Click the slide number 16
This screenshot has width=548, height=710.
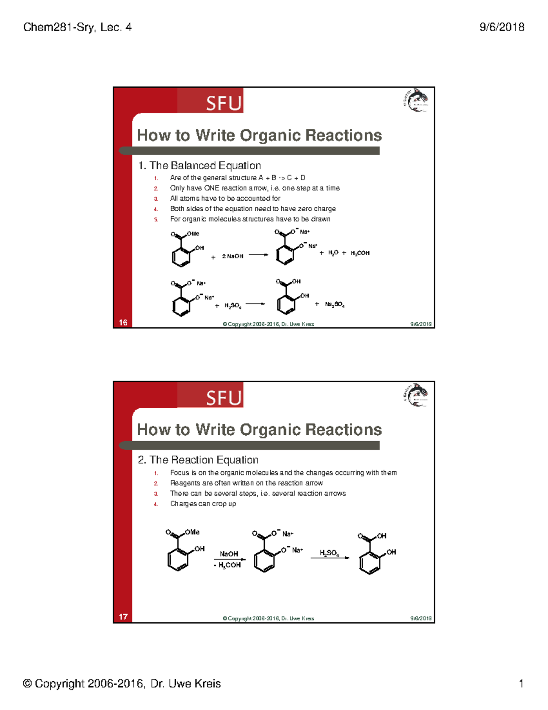click(123, 322)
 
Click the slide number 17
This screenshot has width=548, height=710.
click(123, 617)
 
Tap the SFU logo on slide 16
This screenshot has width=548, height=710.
click(223, 103)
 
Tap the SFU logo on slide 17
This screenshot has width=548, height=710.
click(223, 398)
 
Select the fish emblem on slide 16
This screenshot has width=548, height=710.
click(416, 101)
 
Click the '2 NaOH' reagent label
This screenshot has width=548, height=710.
click(232, 256)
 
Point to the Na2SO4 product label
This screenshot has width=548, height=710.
click(335, 304)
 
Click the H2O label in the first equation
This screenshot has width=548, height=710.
click(333, 253)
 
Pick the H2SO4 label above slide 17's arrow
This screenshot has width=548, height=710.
click(329, 553)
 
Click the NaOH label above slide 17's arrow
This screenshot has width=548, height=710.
click(229, 554)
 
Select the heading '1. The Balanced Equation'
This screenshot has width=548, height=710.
click(200, 165)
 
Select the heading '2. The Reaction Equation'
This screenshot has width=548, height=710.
click(198, 460)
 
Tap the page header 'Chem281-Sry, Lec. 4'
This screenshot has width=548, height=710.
click(77, 27)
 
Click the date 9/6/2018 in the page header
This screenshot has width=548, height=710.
click(501, 27)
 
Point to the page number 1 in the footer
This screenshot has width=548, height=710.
click(521, 683)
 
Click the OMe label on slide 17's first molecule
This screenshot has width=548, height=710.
click(192, 532)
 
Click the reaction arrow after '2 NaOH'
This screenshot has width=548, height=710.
click(258, 255)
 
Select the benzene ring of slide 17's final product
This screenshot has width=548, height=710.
click(369, 564)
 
